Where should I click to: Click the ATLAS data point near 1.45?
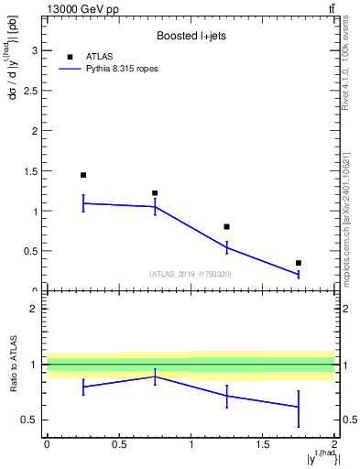pyautogui.click(x=82, y=175)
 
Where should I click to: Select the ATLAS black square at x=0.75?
pyautogui.click(x=155, y=193)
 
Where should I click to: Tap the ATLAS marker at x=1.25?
pyautogui.click(x=226, y=226)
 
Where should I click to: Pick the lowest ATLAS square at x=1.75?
pyautogui.click(x=299, y=263)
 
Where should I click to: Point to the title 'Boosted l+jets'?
pyautogui.click(x=191, y=35)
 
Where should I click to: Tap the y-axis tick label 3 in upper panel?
pyautogui.click(x=33, y=49)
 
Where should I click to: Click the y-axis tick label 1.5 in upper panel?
pyautogui.click(x=29, y=170)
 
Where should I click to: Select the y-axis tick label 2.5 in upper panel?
pyautogui.click(x=29, y=90)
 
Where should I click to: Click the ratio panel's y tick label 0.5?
pyautogui.click(x=29, y=420)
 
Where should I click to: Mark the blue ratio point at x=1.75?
pyautogui.click(x=299, y=407)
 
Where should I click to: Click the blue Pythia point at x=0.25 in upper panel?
pyautogui.click(x=82, y=202)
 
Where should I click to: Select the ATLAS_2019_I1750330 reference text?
pyautogui.click(x=191, y=274)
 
